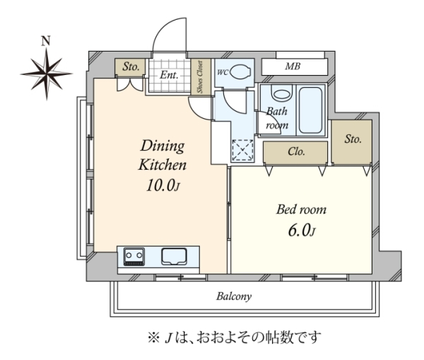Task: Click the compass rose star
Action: (47, 74)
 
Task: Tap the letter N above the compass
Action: (46, 40)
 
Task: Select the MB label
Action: (293, 66)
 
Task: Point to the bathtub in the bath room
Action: (310, 110)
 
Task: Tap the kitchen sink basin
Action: (174, 256)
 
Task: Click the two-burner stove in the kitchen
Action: (134, 256)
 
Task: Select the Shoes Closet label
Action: (200, 76)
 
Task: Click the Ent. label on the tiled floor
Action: (170, 75)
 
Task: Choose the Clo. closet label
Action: (296, 151)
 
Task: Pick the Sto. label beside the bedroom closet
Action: (353, 139)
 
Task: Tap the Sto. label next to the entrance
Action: (131, 66)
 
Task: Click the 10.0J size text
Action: (163, 186)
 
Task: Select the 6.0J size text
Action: (302, 231)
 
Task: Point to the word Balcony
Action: (234, 296)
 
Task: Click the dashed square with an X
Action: (243, 151)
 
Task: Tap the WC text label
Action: (223, 73)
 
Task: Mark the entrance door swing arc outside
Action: (165, 25)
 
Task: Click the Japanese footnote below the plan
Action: (234, 337)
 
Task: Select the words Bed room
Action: (301, 210)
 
